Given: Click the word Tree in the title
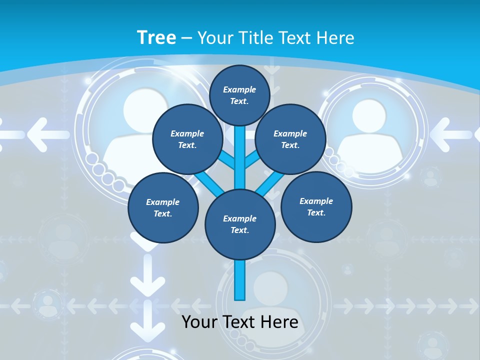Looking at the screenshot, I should click(156, 38).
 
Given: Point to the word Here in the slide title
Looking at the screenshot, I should click(336, 38).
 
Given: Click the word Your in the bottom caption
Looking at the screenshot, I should click(199, 322).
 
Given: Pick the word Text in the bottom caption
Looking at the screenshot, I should click(240, 322).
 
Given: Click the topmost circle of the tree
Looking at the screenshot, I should click(239, 95).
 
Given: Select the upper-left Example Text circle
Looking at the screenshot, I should click(187, 139).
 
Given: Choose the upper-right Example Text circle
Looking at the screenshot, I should click(290, 139).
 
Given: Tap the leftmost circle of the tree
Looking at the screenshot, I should click(163, 207).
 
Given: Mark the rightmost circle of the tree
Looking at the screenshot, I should click(316, 206).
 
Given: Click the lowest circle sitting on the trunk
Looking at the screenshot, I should click(240, 224).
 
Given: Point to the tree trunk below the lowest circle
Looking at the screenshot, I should click(240, 280).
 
